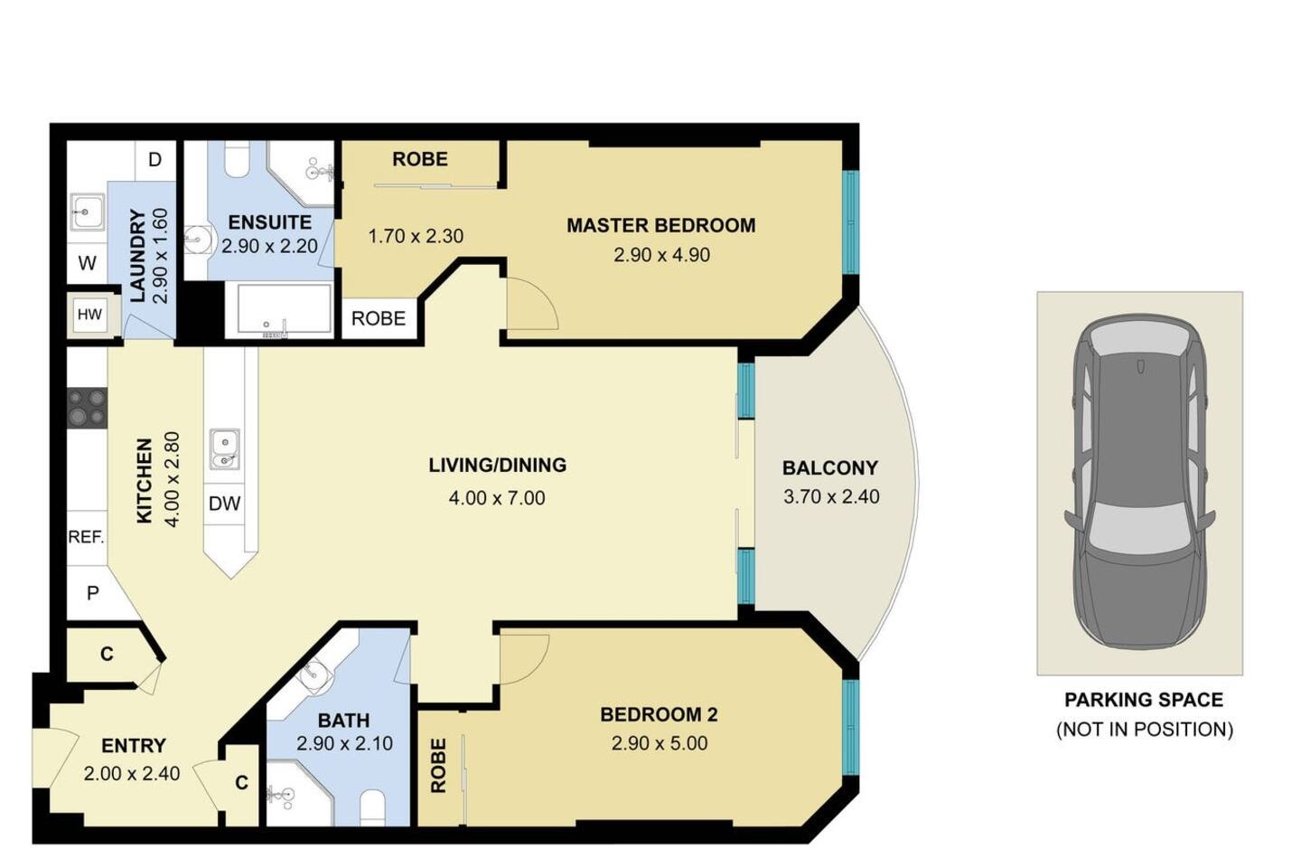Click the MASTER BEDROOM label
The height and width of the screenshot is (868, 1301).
pyautogui.click(x=661, y=225)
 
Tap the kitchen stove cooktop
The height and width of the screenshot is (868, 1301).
pyautogui.click(x=87, y=408)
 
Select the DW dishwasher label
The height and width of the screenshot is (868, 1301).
pyautogui.click(x=224, y=504)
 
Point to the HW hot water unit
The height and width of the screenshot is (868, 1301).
pyautogui.click(x=89, y=316)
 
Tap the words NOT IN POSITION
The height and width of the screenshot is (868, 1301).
pyautogui.click(x=1145, y=730)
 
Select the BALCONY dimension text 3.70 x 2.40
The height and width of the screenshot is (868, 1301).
pyautogui.click(x=831, y=497)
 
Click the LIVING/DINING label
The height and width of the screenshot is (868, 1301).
pyautogui.click(x=498, y=465)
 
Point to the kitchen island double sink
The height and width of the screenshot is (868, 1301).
pyautogui.click(x=225, y=448)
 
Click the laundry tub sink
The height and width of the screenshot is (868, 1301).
pyautogui.click(x=87, y=212)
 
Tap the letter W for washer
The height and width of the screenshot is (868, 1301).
pyautogui.click(x=87, y=263)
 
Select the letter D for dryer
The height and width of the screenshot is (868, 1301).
pyautogui.click(x=154, y=159)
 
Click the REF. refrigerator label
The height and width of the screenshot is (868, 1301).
pyautogui.click(x=87, y=536)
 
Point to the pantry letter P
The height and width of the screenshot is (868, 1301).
pyautogui.click(x=92, y=594)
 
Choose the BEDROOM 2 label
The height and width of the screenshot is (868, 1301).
pyautogui.click(x=659, y=714)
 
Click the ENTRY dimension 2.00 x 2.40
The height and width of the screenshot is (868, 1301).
pyautogui.click(x=132, y=774)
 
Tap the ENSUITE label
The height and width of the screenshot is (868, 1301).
pyautogui.click(x=270, y=222)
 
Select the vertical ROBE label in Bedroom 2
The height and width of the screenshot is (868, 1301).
pyautogui.click(x=438, y=766)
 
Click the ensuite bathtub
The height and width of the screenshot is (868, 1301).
pyautogui.click(x=285, y=308)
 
